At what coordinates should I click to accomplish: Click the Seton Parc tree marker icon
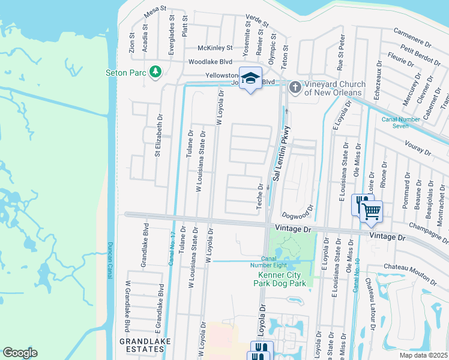[155, 71]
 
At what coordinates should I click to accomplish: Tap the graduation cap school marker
[251, 78]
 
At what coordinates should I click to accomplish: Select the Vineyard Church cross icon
[295, 88]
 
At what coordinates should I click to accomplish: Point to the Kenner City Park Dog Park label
[278, 279]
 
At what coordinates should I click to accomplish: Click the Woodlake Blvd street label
[210, 61]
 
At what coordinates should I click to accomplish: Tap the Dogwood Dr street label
[297, 212]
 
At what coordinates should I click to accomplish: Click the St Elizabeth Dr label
[158, 135]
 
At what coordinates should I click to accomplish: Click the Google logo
[20, 353]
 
